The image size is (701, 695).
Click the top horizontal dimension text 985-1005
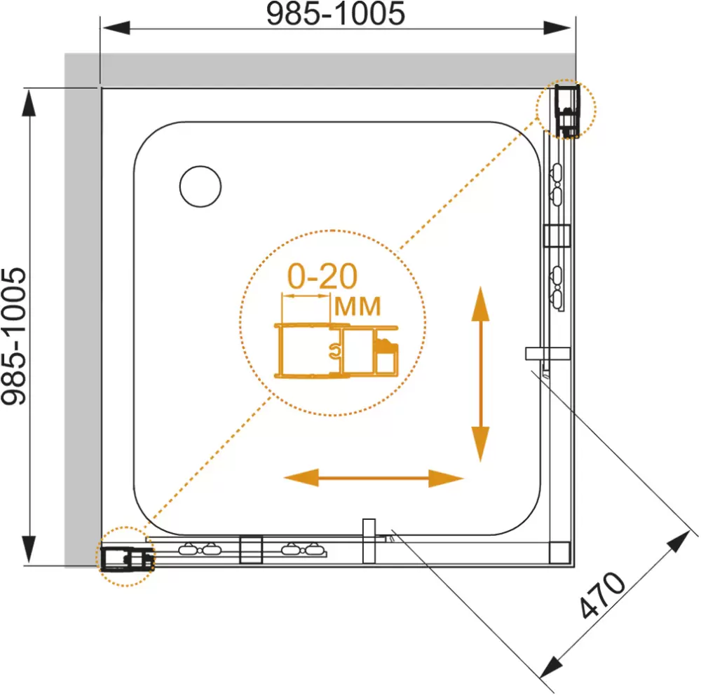336,13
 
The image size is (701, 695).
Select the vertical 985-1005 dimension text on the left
13,336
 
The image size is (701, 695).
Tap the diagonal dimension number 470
601,594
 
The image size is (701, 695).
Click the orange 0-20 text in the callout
322,276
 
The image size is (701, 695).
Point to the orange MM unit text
358,307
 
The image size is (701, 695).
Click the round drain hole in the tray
200,186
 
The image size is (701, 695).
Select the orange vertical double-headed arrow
480,374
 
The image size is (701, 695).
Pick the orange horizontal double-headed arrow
374,478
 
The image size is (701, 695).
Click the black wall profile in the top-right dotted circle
567,111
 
